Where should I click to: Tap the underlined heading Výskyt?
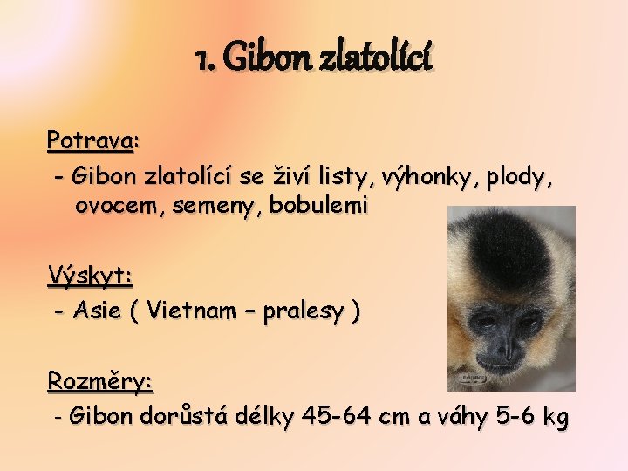coord(90,276)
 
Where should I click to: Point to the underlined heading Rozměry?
coord(99,381)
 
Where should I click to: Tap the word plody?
coord(519,178)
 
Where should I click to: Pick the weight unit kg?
coord(555,418)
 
